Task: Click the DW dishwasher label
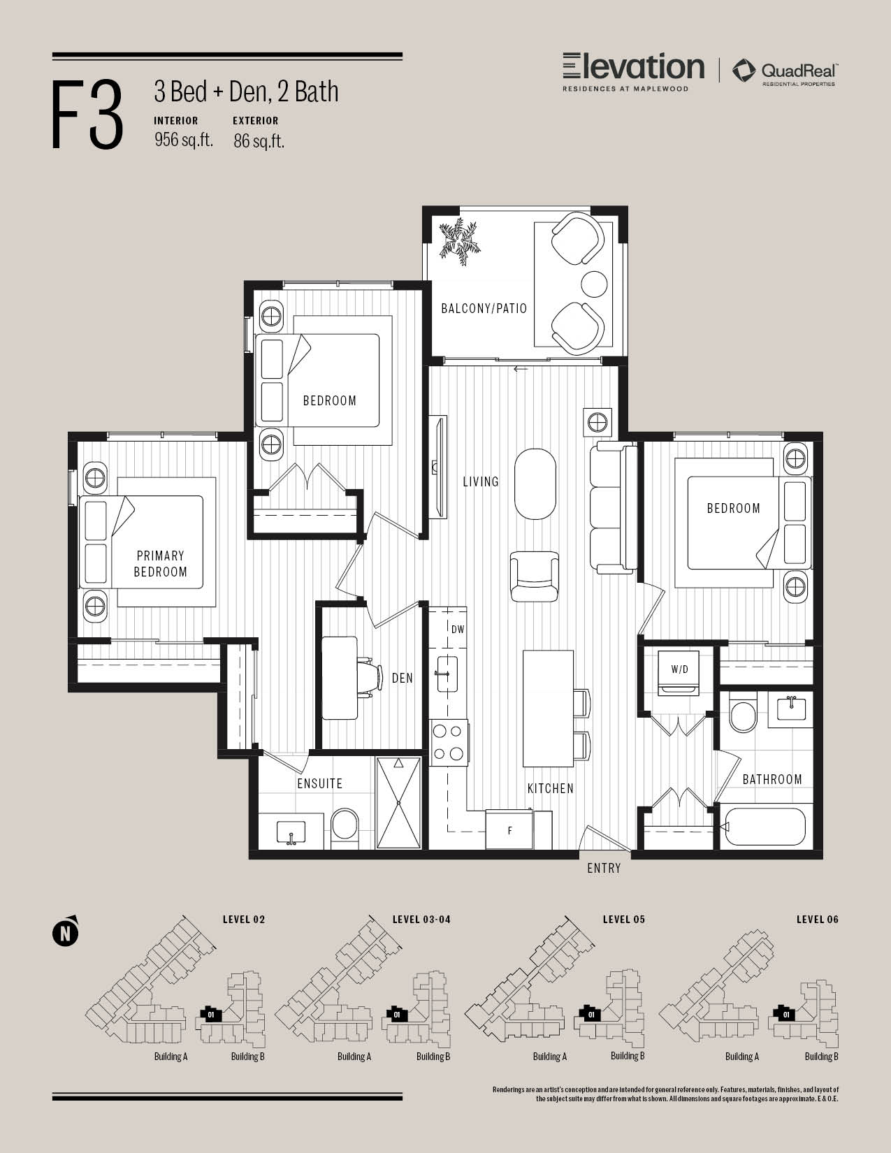click(458, 630)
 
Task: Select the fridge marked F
click(509, 830)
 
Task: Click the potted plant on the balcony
click(460, 241)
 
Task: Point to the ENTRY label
click(604, 869)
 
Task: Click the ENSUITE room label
click(319, 784)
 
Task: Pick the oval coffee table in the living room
click(535, 484)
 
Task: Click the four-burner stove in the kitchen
click(449, 742)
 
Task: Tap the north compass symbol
click(65, 932)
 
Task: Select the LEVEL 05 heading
click(624, 920)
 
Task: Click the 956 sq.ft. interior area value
click(184, 140)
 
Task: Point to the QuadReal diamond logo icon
click(744, 71)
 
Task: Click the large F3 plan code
click(87, 115)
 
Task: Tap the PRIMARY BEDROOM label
click(160, 563)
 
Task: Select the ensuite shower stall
click(398, 803)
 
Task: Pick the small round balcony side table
click(594, 284)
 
